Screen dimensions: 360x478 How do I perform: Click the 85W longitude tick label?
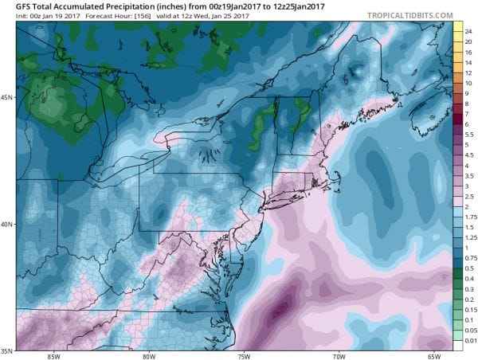(55, 355)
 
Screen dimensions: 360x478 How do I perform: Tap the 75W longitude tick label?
(244, 355)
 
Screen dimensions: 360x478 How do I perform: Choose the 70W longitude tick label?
(339, 355)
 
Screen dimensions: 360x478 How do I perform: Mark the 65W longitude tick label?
(433, 355)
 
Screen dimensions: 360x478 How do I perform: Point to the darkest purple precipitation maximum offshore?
(279, 312)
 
